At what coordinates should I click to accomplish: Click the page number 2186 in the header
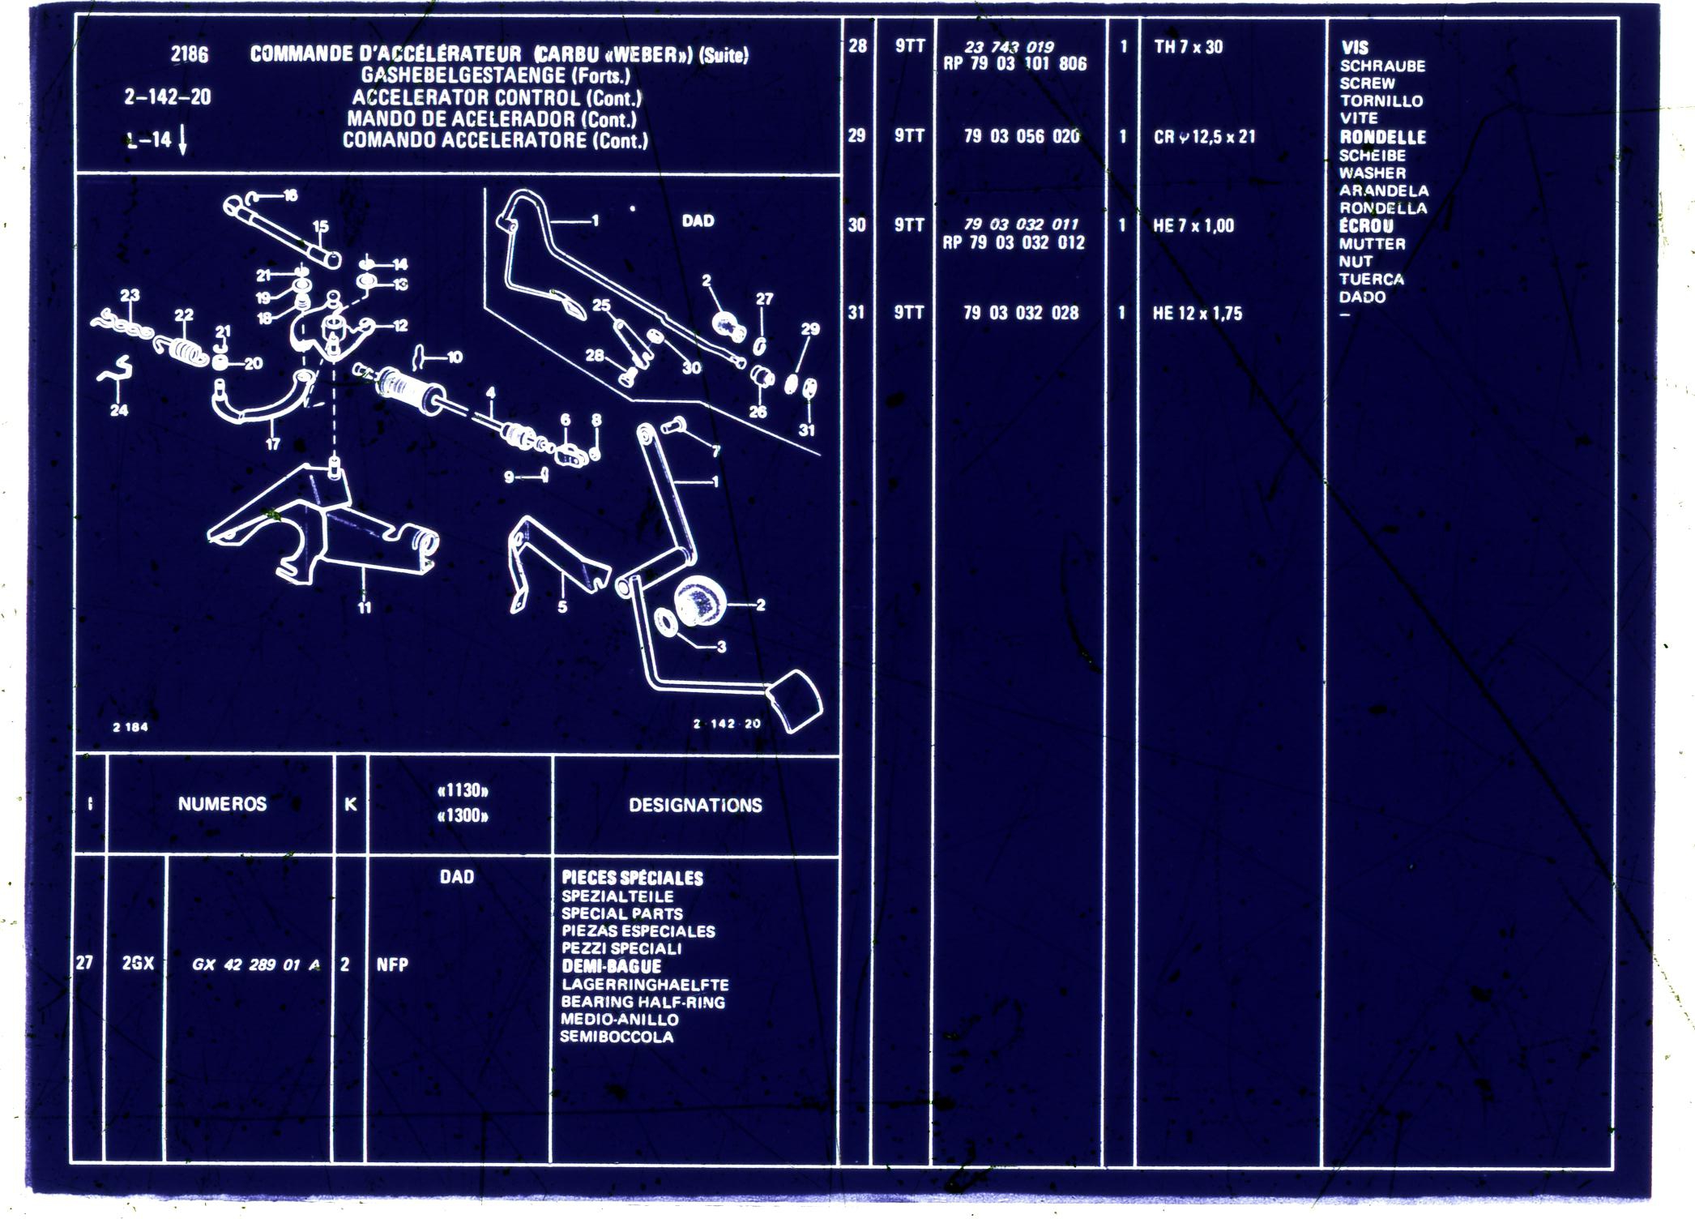[x=189, y=54]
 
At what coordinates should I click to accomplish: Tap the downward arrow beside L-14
[x=182, y=140]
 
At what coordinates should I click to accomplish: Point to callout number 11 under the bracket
[x=365, y=606]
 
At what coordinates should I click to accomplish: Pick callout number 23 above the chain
[x=130, y=296]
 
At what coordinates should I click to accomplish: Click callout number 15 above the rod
[x=321, y=227]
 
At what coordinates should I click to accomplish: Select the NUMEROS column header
[x=222, y=804]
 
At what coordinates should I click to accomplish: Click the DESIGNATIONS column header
[x=695, y=805]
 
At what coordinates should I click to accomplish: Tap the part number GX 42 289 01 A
[x=255, y=965]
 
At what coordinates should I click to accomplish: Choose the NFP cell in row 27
[x=392, y=965]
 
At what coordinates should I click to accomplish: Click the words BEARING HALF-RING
[x=643, y=1002]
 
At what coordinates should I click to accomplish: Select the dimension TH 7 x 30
[x=1188, y=47]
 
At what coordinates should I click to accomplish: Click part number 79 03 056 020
[x=1021, y=136]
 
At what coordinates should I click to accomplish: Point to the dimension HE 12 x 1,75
[x=1197, y=314]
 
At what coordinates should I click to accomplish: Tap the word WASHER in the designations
[x=1372, y=173]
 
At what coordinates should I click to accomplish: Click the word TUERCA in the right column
[x=1371, y=279]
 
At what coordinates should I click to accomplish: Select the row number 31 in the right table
[x=856, y=312]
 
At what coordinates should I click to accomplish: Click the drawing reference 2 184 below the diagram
[x=130, y=727]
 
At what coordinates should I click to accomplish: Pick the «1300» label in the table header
[x=463, y=815]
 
